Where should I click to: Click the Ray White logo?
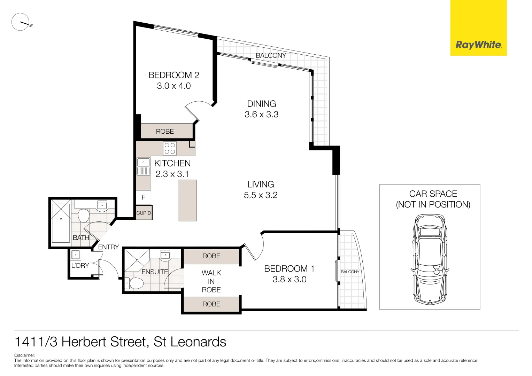pos(478,45)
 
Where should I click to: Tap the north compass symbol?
pos(21,22)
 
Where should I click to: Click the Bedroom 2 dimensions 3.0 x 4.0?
pos(174,86)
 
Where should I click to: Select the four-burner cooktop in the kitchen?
pos(170,148)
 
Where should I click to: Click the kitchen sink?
pos(143,163)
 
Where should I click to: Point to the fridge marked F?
pos(143,197)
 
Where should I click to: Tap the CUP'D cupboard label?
pos(144,213)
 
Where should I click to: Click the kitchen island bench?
pos(187,200)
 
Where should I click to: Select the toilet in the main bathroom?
pos(84,216)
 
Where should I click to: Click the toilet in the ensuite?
pos(136,283)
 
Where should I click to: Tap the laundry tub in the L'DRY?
pos(76,255)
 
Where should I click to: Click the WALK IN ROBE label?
pos(211,281)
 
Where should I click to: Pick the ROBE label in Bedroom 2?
pos(165,132)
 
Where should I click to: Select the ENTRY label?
pos(108,247)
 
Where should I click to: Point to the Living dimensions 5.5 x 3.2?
pos(261,195)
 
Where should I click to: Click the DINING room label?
pos(261,104)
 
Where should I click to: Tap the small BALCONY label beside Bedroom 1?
pos(350,272)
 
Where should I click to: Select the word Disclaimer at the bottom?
pos(24,355)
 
